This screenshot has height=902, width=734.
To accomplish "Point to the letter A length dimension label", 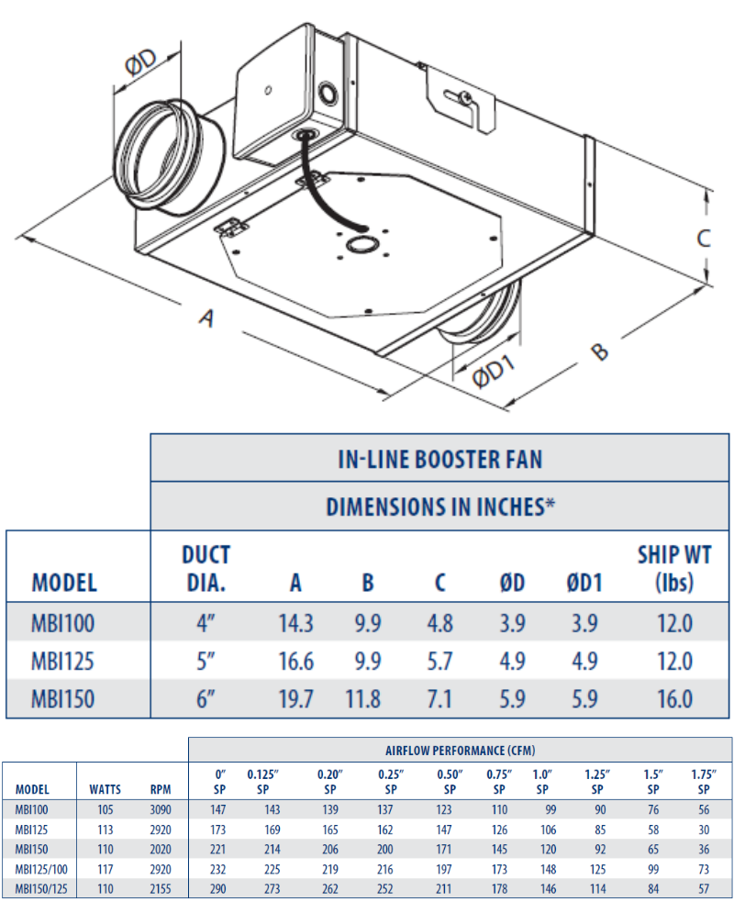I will coord(207,318).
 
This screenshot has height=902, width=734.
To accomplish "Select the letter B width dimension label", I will coord(597,351).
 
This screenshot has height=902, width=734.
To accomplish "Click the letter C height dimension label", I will coord(704,238).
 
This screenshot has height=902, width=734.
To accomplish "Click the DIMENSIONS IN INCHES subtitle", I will coord(441,507).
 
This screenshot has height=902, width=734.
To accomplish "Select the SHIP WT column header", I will coord(674,568).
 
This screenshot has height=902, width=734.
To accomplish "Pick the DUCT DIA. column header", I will coord(206,568).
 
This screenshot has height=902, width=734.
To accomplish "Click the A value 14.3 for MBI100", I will coord(295,624).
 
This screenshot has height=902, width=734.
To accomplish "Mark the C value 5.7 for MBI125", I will coord(439,662).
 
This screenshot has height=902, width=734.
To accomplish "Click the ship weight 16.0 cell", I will coord(674,699).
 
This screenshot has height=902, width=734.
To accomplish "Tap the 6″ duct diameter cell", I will coord(206,699).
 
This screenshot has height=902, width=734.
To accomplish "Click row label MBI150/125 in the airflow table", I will coord(40,888).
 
